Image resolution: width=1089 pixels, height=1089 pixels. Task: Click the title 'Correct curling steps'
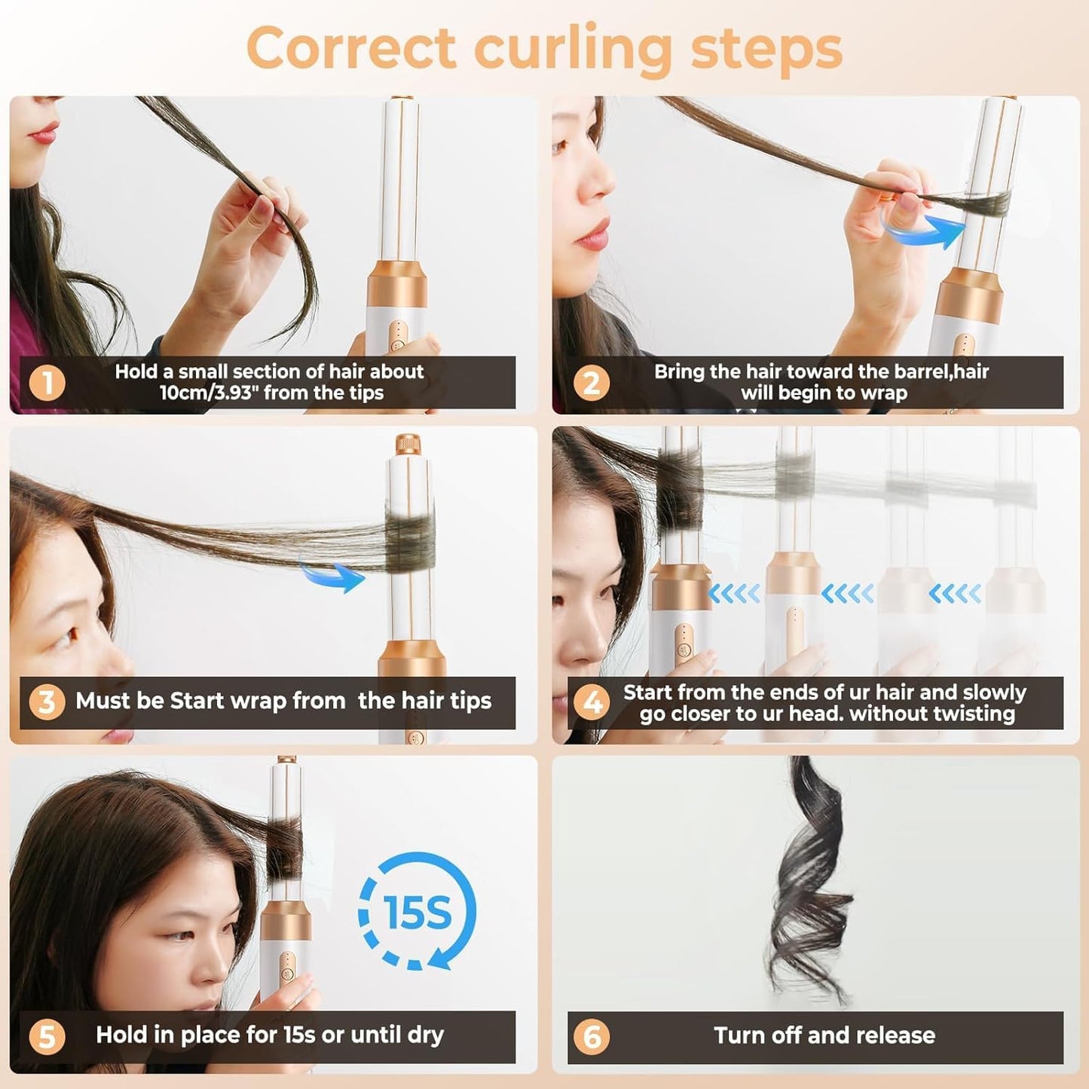pyautogui.click(x=544, y=48)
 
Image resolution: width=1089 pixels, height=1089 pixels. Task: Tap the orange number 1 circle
pyautogui.click(x=47, y=383)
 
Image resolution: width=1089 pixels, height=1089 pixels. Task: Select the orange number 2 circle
pyautogui.click(x=591, y=383)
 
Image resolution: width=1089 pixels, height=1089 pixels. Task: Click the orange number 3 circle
pyautogui.click(x=47, y=702)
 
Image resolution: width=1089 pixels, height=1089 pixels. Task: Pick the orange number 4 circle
pyautogui.click(x=592, y=702)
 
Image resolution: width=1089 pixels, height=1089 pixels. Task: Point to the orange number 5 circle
pyautogui.click(x=47, y=1036)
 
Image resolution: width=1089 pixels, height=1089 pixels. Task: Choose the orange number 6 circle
pyautogui.click(x=592, y=1036)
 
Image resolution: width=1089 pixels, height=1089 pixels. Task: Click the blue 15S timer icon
pyautogui.click(x=417, y=911)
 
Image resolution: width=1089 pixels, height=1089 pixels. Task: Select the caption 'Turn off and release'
pyautogui.click(x=824, y=1035)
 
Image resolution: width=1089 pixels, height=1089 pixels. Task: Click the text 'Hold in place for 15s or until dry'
pyautogui.click(x=270, y=1035)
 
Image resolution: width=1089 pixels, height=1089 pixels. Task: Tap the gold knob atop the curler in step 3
pyautogui.click(x=408, y=443)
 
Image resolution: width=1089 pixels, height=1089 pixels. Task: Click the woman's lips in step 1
pyautogui.click(x=43, y=134)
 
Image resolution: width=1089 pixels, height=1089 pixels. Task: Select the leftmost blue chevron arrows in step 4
pyautogui.click(x=734, y=594)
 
